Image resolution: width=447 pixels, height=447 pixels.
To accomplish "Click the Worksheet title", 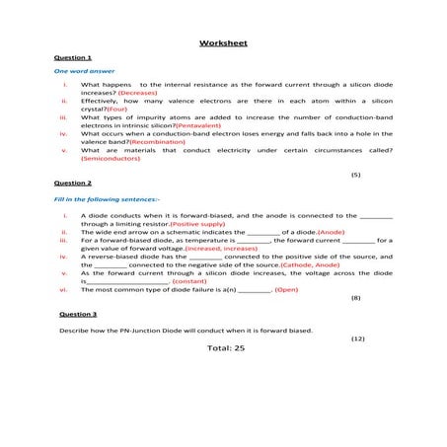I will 223,43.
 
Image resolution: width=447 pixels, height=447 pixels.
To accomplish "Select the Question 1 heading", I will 72,58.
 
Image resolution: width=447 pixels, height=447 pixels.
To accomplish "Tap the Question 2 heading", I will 72,184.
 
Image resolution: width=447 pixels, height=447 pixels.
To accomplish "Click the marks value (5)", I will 355,174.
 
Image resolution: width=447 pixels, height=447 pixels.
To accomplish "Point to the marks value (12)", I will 357,338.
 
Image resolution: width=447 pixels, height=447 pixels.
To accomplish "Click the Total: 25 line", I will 225,348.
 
